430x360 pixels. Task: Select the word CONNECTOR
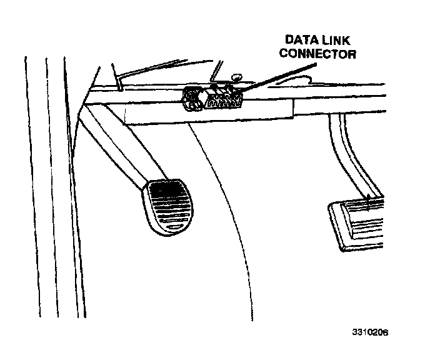(x=318, y=54)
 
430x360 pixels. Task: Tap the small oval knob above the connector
(x=235, y=77)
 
